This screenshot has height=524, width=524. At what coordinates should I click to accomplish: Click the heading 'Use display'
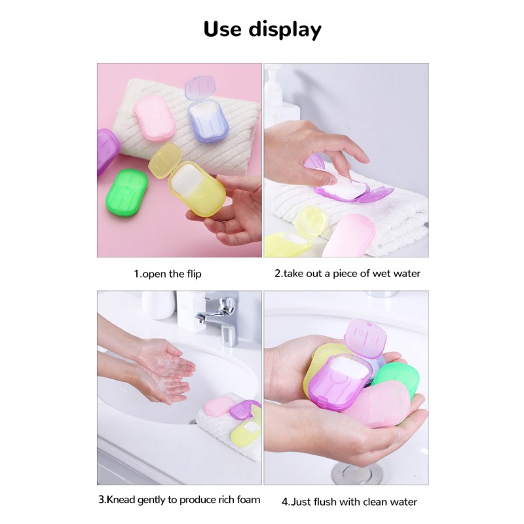coord(262,29)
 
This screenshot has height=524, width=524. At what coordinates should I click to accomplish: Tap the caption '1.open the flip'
coord(168,274)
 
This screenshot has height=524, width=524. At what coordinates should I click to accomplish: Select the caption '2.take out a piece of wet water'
coord(347,273)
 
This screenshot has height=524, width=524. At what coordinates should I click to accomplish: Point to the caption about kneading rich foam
coord(179,500)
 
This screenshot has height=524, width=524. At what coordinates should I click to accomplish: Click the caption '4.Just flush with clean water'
coord(349,502)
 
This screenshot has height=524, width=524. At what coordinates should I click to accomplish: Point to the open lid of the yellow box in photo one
coord(165,159)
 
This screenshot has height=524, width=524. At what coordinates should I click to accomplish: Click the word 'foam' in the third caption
coord(246,500)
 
